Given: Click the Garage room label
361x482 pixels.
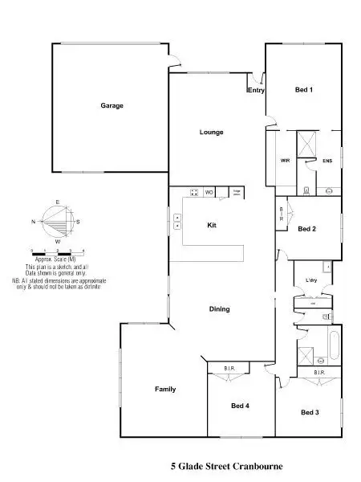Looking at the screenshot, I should tap(112, 106).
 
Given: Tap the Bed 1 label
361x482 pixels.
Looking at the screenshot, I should tap(303, 90).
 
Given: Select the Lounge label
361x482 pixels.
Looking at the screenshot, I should tap(212, 133).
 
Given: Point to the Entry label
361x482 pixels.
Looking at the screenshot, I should tap(256, 91).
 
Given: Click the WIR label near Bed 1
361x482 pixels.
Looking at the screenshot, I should tap(285, 161).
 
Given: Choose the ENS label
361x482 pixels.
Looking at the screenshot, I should tap(327, 161).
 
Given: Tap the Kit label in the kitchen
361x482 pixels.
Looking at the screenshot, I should tap(212, 225).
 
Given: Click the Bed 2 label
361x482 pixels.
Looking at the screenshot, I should tap(306, 229).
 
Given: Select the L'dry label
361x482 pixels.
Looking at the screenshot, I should tap(312, 280).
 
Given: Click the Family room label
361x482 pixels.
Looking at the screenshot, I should tap(165, 390).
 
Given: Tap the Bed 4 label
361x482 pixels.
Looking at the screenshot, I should tap(241, 406).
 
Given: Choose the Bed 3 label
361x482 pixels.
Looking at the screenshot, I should tap(310, 412).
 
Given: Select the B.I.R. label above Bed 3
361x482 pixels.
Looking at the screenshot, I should tap(318, 373).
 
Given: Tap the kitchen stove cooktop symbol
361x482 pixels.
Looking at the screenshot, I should tap(194, 192).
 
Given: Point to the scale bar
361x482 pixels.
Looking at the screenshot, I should tap(52, 252).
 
